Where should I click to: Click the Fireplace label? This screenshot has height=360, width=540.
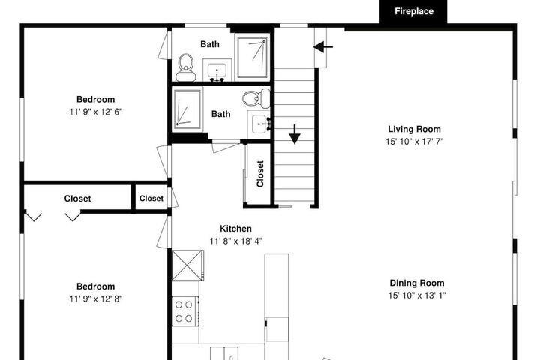coord(413,11)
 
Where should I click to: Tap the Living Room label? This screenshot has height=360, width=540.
coord(414,129)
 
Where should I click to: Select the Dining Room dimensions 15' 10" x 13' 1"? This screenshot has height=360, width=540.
coord(417,295)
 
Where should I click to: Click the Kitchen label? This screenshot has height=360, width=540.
coord(236,229)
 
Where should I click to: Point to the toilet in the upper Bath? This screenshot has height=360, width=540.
coord(186,67)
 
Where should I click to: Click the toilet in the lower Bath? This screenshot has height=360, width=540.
coord(256,97)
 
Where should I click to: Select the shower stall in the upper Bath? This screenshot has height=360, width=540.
coord(252,57)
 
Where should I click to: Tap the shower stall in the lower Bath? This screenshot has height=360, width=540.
coord(187,109)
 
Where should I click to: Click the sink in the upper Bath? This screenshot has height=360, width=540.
coord(217,71)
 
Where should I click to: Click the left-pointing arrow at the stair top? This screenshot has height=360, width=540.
coord(323,46)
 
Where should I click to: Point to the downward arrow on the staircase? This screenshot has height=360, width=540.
coord(295,134)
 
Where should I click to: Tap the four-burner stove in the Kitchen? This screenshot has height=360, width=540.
coord(184,311)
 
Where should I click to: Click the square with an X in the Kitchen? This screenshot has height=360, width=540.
coord(187,265)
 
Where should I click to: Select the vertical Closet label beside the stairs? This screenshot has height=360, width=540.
coord(260,174)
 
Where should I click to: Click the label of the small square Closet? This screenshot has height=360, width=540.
coord(151,199)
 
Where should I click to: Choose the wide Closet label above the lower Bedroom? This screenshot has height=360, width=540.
coord(77,199)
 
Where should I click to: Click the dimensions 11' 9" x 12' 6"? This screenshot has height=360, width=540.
coord(96,112)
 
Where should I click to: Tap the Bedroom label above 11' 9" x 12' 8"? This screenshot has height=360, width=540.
coord(96,286)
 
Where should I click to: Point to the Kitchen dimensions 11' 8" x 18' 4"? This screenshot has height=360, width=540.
coord(236,241)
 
